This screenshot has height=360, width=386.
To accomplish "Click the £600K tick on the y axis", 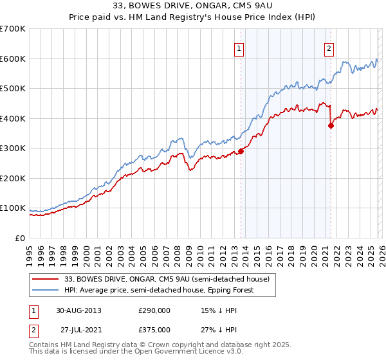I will pyautogui.click(x=12, y=59).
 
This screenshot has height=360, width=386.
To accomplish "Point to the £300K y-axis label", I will pyautogui.click(x=12, y=148).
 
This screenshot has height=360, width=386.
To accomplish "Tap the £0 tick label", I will pyautogui.click(x=21, y=238).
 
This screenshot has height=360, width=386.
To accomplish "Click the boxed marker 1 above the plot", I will pyautogui.click(x=239, y=48).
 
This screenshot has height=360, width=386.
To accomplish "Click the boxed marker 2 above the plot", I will pyautogui.click(x=329, y=48).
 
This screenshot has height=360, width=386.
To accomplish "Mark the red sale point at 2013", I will pyautogui.click(x=241, y=151).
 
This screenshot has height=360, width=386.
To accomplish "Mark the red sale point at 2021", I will pyautogui.click(x=331, y=126).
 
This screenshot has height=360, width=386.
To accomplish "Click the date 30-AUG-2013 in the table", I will pyautogui.click(x=78, y=310).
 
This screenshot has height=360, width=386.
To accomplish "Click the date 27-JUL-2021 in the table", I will pyautogui.click(x=79, y=329).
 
